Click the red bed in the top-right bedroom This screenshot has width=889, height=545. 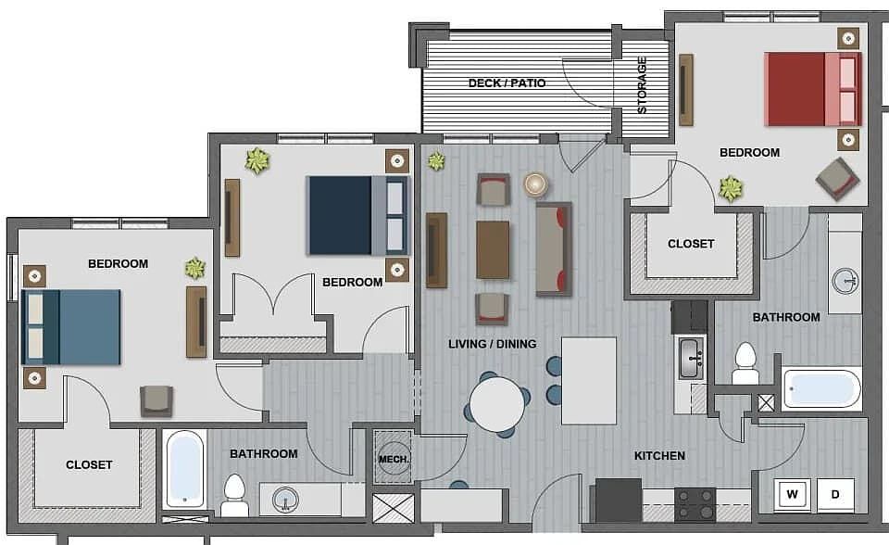click(813, 89)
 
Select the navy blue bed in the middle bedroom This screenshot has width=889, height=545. click(357, 215)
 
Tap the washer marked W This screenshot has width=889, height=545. click(792, 494)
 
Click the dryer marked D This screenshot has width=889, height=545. click(835, 494)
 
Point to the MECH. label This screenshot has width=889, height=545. click(394, 459)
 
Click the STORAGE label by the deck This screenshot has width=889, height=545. click(642, 84)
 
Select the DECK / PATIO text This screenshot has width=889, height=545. click(507, 82)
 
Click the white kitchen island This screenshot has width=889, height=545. click(589, 380)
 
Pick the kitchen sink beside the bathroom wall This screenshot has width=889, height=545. click(691, 358)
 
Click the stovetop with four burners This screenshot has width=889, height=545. click(695, 504)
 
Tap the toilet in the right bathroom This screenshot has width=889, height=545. click(745, 364)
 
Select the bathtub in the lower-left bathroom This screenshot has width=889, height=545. click(185, 469)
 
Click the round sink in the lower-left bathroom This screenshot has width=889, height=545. click(285, 499)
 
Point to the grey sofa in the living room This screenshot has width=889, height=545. click(554, 248)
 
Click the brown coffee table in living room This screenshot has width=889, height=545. click(493, 250)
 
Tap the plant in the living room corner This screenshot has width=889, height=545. click(436, 161)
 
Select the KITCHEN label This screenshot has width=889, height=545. click(659, 455)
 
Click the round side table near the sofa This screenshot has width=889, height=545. click(535, 184)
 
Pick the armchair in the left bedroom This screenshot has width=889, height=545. click(157, 400)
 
